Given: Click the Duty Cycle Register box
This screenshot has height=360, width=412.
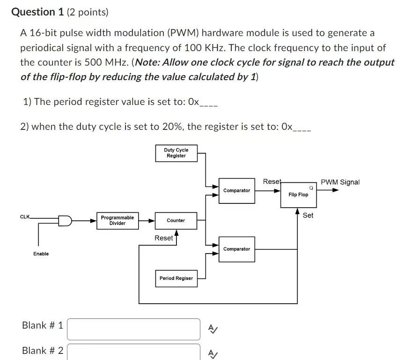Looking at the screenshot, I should pos(176,153).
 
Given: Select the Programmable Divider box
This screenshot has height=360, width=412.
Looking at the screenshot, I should pos(117,220).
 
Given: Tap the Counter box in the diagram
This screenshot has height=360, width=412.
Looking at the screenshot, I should pos(176,220).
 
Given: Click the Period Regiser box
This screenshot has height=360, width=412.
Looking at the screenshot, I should pos(176,278).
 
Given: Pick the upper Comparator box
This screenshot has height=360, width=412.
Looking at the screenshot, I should pos(236,190).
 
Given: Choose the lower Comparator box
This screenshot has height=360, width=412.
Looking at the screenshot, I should pos(236,249).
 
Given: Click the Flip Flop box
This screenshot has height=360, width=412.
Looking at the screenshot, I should pos(298,194).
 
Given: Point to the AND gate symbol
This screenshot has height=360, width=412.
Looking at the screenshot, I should pos(65,221).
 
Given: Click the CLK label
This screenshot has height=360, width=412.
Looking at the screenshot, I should pos(25,217).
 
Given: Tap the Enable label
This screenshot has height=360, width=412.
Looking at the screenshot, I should pos(41,254).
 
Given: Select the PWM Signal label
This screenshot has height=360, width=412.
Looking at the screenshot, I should pos(340,182).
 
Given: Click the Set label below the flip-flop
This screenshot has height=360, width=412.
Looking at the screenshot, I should pos(308,215).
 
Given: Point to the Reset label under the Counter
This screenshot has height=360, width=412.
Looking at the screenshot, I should pos(163,238).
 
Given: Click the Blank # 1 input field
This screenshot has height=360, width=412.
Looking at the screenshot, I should pos(133,329).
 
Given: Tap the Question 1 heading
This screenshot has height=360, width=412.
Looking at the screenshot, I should pos(39,12).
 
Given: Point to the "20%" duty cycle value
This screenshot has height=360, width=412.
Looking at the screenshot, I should pos(173,127).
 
